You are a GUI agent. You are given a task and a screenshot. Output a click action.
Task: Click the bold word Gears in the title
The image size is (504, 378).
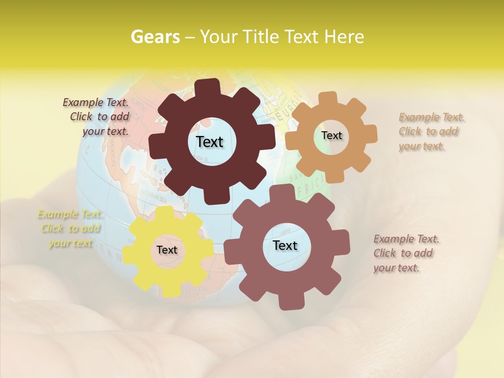155,37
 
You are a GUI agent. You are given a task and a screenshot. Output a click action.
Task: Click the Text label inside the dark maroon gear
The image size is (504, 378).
209,142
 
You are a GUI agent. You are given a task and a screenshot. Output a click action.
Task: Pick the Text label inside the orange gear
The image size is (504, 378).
331,135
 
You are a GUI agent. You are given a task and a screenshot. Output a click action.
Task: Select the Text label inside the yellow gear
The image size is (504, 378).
167,250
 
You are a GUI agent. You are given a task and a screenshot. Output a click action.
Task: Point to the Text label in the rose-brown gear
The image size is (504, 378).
285,246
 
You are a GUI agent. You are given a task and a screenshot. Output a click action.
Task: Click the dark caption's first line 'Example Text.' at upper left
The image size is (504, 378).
96,102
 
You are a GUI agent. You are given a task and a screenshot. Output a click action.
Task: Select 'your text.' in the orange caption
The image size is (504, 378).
421,146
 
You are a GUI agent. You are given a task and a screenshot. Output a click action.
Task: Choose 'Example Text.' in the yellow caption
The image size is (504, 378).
70,214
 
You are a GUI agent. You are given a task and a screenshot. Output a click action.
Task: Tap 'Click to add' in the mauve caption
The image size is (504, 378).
403,253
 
